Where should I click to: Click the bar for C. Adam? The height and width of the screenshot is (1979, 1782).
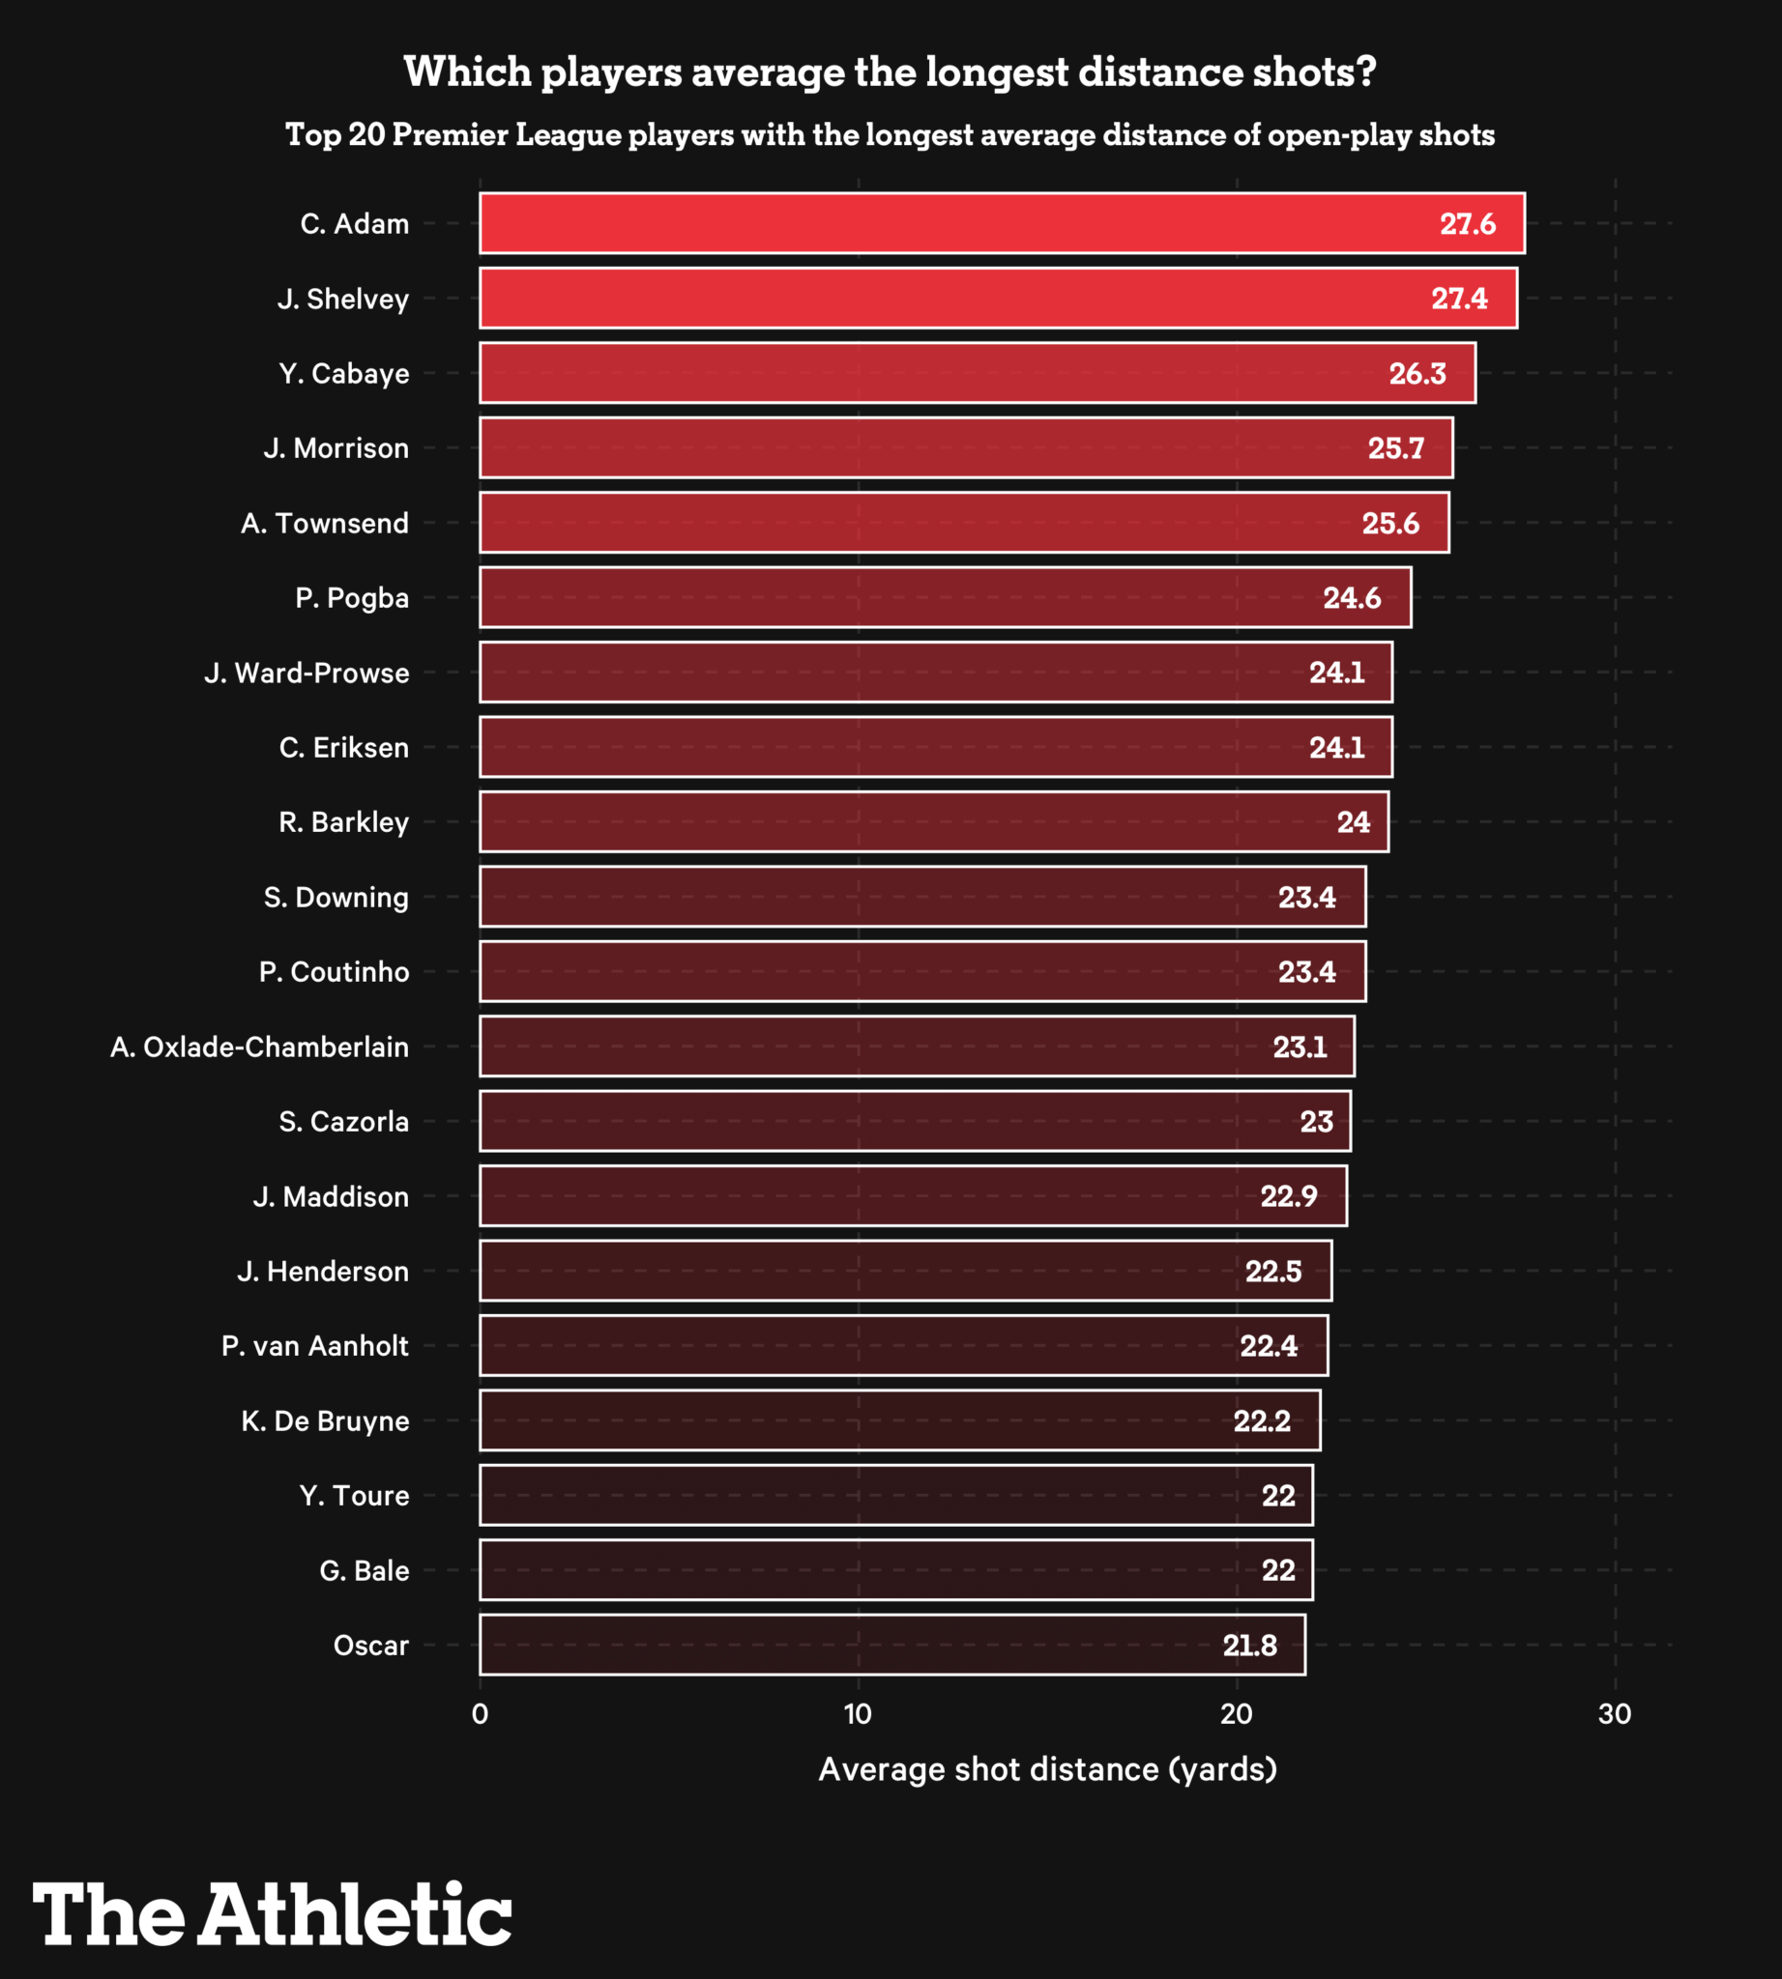[x=1001, y=223]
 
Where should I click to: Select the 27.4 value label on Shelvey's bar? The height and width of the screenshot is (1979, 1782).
[x=1458, y=299]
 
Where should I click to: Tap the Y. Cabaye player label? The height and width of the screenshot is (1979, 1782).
[x=343, y=374]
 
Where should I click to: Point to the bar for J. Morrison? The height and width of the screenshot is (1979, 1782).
[x=965, y=448]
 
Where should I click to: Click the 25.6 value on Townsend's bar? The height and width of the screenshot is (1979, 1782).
[x=1389, y=524]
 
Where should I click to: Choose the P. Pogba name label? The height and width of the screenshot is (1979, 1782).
[x=352, y=598]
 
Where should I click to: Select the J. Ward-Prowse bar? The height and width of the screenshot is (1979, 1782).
[x=935, y=673]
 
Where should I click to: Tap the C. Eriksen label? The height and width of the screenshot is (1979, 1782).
[x=343, y=748]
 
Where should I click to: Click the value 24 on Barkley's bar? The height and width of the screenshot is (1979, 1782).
[x=1353, y=822]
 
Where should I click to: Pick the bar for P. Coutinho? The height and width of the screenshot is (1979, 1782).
[x=921, y=972]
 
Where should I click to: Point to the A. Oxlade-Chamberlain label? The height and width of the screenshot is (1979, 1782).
[x=259, y=1047]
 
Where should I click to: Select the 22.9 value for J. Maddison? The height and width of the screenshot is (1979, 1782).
[x=1289, y=1196]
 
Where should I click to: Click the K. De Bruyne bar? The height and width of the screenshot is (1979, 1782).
[x=899, y=1420]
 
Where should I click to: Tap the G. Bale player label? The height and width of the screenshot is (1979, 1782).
[x=365, y=1571]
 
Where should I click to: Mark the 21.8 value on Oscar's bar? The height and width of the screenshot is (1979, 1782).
[x=1249, y=1646]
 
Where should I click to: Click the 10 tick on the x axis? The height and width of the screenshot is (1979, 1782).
[x=858, y=1714]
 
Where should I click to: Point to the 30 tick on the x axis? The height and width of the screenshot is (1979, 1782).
[x=1615, y=1714]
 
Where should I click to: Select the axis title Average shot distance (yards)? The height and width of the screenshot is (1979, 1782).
[x=1048, y=1769]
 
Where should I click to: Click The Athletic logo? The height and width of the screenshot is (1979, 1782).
[x=273, y=1913]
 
